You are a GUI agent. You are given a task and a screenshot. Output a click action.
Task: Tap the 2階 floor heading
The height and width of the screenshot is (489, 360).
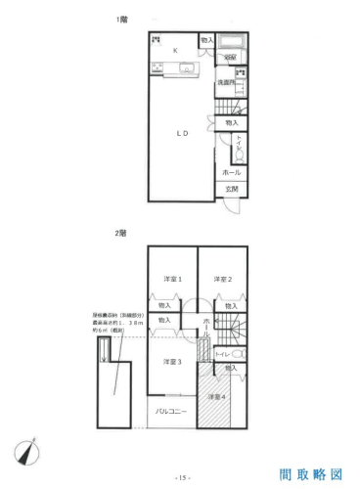121,232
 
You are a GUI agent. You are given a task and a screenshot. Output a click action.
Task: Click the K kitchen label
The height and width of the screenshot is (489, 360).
176,49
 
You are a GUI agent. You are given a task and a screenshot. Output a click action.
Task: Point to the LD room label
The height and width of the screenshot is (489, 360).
181,130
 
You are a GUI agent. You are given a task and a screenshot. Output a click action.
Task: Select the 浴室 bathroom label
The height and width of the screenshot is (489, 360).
227,58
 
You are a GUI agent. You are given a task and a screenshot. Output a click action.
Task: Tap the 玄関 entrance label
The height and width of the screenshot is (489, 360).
232,188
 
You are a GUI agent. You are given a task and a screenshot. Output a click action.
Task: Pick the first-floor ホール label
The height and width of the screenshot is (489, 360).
232,171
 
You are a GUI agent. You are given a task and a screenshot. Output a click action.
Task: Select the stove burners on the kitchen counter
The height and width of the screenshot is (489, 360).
157,67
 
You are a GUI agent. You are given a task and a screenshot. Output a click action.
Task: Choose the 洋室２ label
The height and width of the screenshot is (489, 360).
223,280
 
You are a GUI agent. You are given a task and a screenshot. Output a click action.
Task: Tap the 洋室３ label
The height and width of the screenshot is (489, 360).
172,362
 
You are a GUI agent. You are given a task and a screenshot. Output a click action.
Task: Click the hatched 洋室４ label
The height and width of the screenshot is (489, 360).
217,396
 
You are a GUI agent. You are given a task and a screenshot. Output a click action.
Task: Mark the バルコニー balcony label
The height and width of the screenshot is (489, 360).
173,412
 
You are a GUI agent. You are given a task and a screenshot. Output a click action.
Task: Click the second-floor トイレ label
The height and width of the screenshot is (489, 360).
221,352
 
